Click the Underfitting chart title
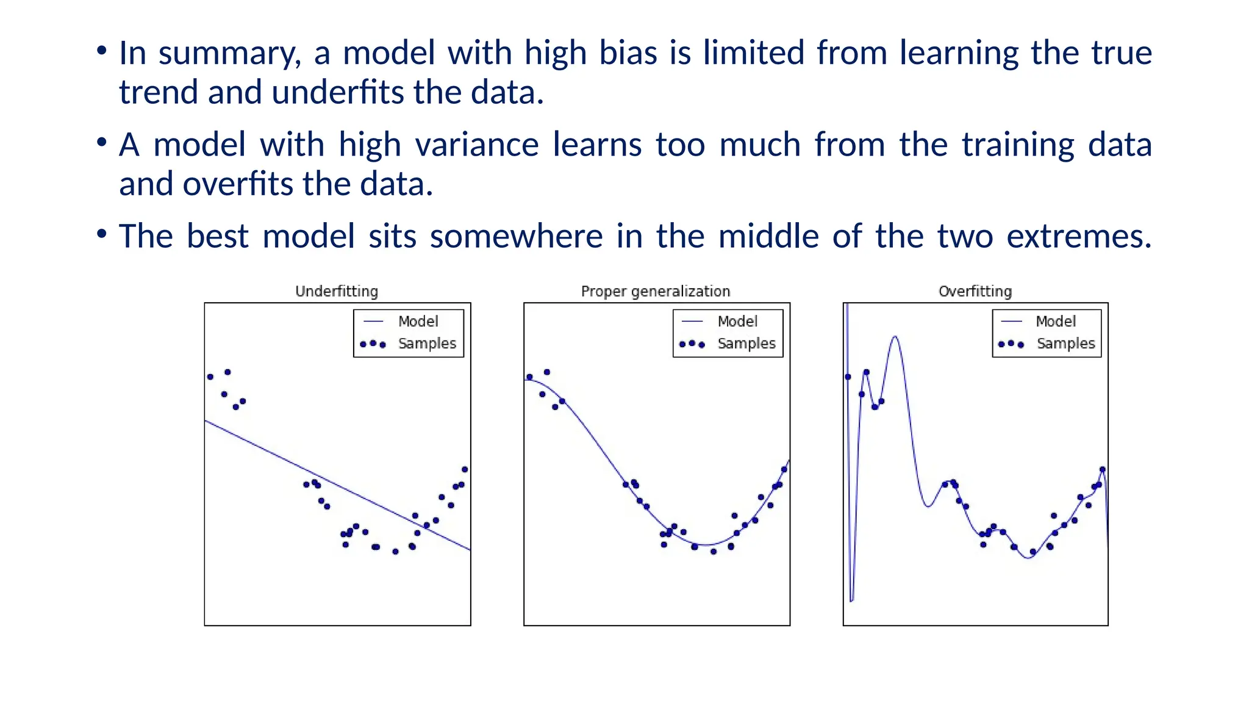point(337,291)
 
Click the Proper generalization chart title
point(656,291)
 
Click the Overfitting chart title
point(975,291)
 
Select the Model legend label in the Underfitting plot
point(418,321)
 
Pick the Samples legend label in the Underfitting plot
point(427,344)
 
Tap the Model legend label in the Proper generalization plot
point(737,321)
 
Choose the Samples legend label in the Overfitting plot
point(1065,344)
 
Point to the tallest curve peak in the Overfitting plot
point(895,337)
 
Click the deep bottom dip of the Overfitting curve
point(852,600)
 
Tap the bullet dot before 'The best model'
point(102,234)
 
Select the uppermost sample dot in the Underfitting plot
point(227,372)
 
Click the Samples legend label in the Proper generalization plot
point(746,344)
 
